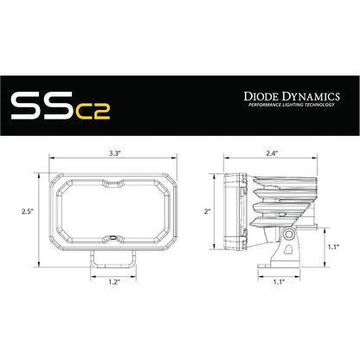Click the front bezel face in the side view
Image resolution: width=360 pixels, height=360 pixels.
228,209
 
